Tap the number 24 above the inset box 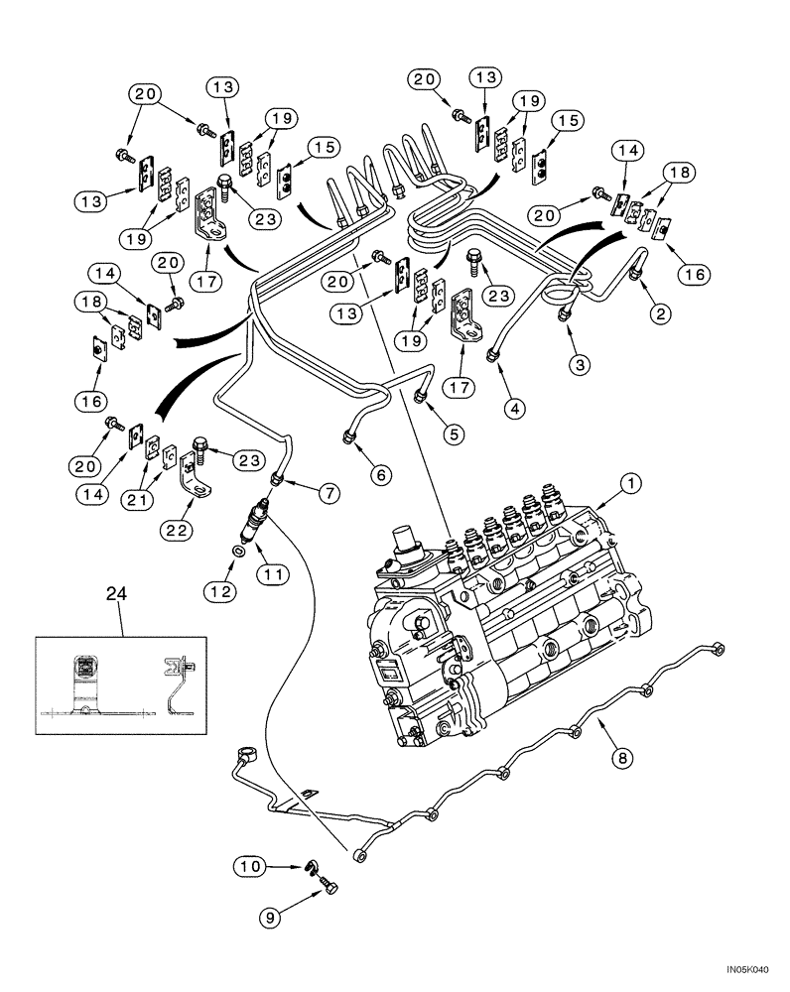117,595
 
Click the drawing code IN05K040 750,975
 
